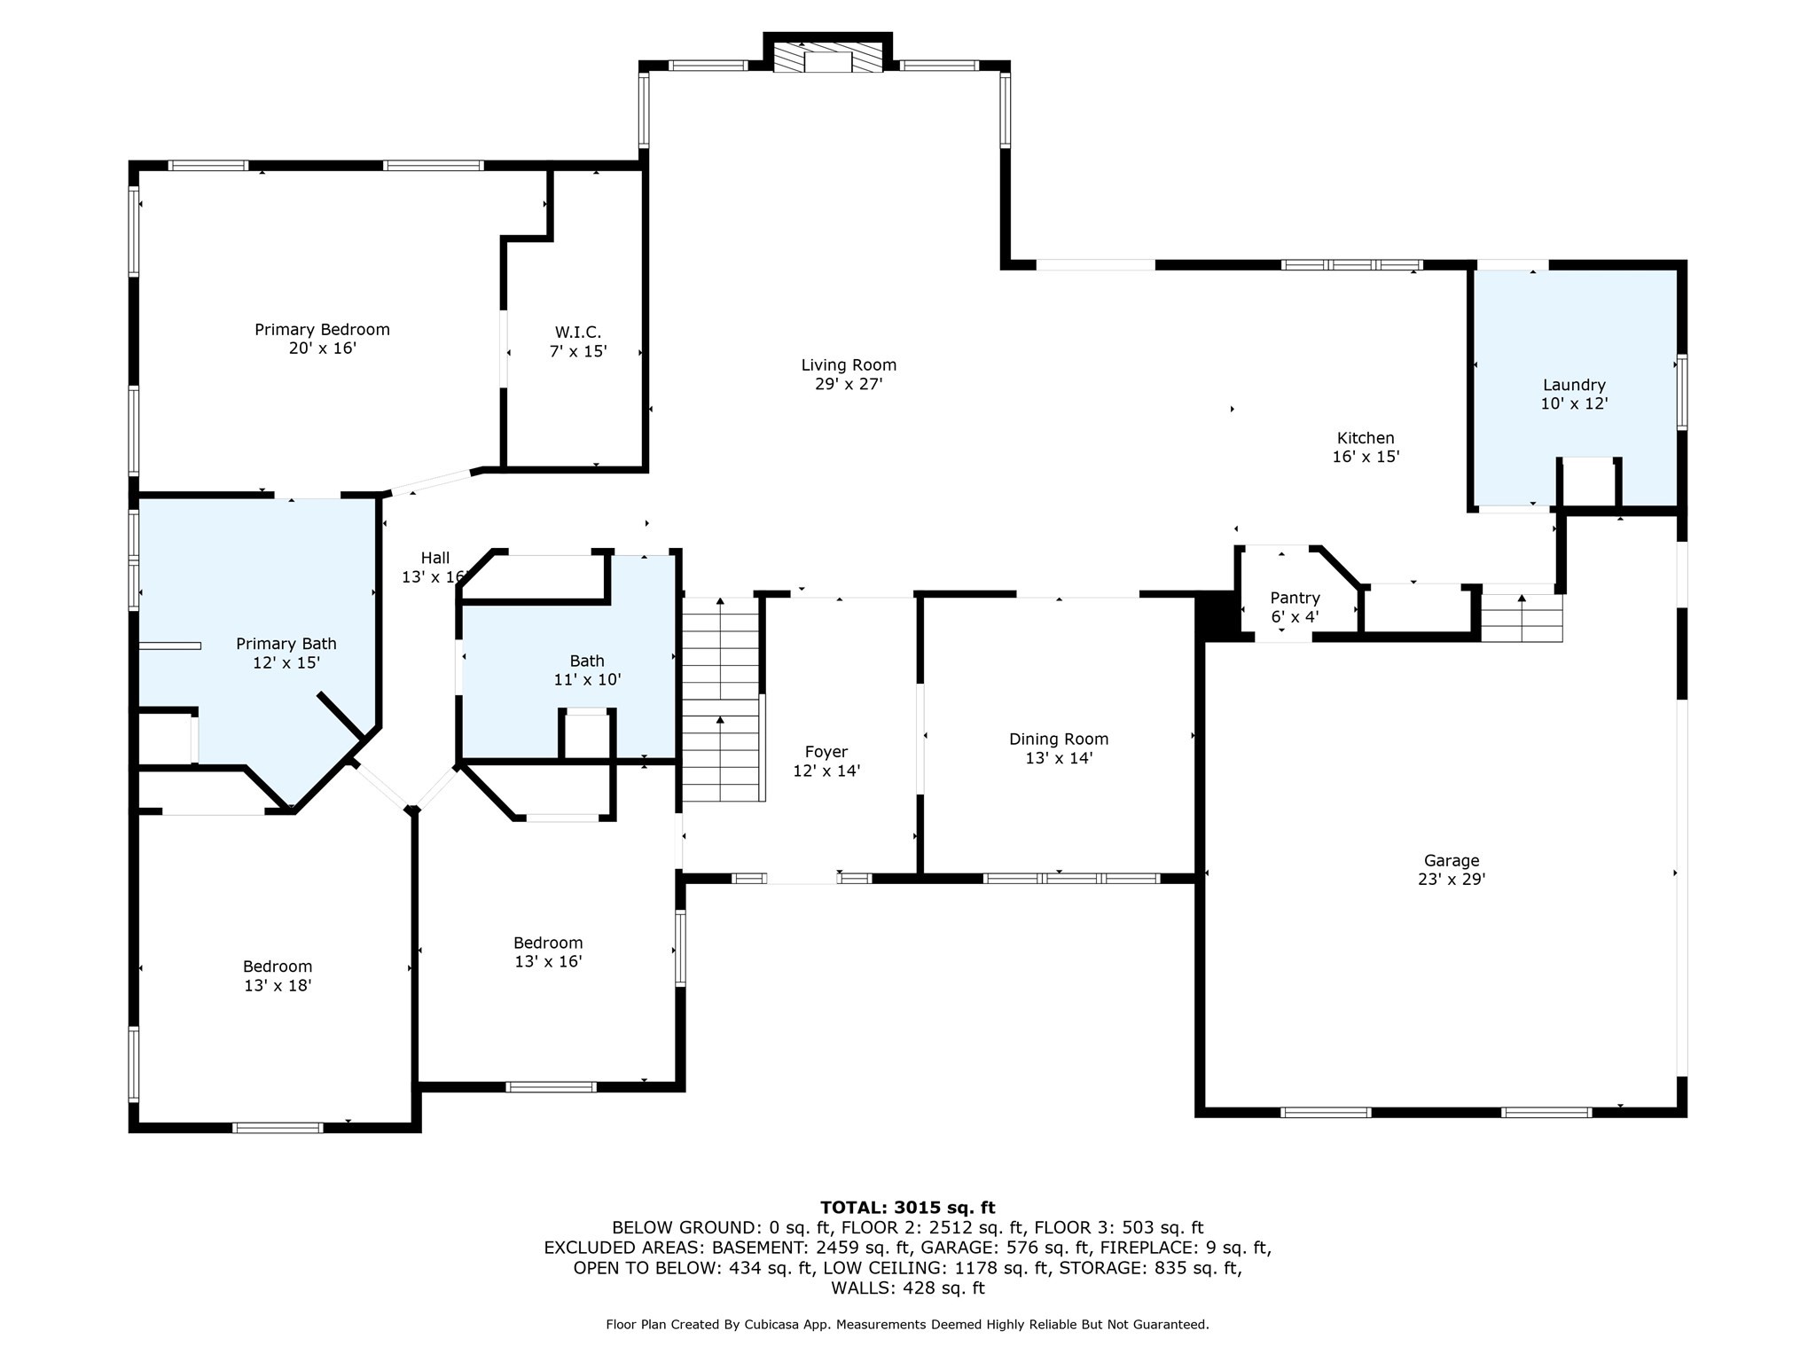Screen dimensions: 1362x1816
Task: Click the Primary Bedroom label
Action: (x=322, y=330)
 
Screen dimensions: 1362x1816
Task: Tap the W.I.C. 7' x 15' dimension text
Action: (x=578, y=351)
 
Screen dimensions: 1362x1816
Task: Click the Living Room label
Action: (x=849, y=365)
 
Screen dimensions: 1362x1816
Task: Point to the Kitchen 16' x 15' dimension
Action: (x=1366, y=458)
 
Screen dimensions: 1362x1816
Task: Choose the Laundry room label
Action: (x=1574, y=385)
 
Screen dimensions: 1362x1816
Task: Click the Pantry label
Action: (x=1295, y=599)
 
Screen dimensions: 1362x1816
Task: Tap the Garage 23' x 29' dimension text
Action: (x=1452, y=880)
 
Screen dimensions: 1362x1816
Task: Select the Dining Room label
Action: (x=1059, y=740)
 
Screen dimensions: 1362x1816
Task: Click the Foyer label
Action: (x=826, y=753)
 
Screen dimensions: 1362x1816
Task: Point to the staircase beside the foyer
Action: (x=721, y=701)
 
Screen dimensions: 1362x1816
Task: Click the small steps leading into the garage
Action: (x=1522, y=618)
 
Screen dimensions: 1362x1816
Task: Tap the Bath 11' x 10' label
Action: (x=587, y=670)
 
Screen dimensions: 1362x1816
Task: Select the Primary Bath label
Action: (x=286, y=644)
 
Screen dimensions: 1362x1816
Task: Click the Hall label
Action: (x=435, y=558)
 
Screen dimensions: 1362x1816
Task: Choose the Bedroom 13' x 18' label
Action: (x=278, y=975)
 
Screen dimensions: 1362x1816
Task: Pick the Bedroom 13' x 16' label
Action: (x=548, y=951)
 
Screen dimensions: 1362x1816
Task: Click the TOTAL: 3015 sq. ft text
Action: (x=907, y=1208)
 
